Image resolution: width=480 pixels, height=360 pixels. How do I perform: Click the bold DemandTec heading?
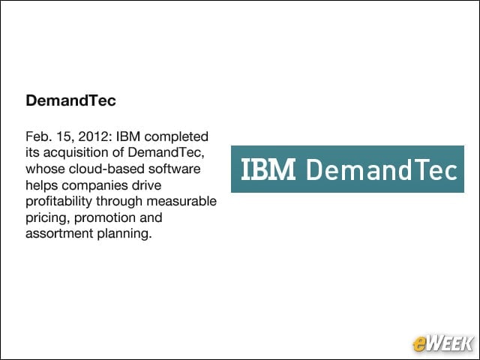coord(70,100)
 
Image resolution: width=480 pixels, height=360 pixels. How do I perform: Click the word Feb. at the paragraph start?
coord(37,136)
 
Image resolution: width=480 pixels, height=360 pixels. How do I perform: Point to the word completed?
coord(176,137)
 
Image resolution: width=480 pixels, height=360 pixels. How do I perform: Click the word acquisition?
coord(72,153)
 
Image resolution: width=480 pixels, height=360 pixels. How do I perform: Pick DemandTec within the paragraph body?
coord(166,152)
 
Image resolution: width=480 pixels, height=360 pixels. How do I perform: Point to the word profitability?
coord(58,202)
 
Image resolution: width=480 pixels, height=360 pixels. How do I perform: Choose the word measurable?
coord(181,202)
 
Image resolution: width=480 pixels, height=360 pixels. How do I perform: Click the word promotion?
coord(105,218)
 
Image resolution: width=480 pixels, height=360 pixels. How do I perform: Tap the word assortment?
coord(59,234)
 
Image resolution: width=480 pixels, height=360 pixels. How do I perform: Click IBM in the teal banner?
coord(268,169)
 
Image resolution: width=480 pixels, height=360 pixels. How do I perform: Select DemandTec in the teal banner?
coord(382,169)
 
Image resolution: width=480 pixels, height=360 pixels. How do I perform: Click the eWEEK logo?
coord(442,343)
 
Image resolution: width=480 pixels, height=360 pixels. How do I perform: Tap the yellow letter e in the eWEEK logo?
coord(419,344)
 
